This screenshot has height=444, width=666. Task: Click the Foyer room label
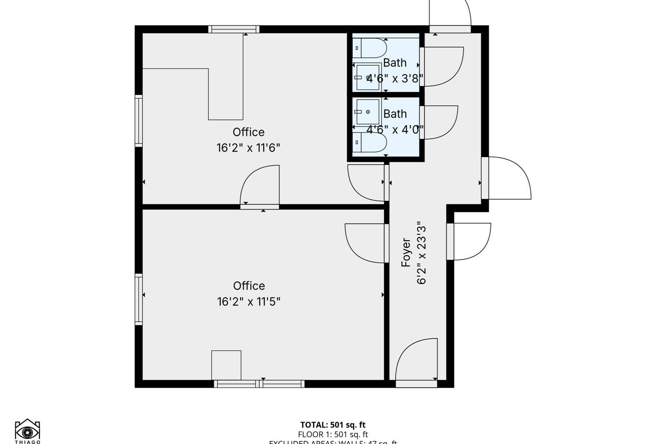coord(406,253)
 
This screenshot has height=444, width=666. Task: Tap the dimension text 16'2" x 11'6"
coord(248,148)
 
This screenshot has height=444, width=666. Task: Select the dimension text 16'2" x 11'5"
coord(249,302)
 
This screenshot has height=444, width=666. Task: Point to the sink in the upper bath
coord(368,77)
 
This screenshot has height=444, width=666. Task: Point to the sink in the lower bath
coord(367,112)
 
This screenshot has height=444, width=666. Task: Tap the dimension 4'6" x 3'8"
coord(395,79)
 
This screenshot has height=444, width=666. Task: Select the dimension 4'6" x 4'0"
coord(395,130)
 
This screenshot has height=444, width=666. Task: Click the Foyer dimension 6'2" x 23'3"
coord(422,253)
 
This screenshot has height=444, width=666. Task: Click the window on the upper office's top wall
coord(233,29)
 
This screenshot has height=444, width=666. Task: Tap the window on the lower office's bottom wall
coord(259,384)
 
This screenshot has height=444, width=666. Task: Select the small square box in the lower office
coord(226,365)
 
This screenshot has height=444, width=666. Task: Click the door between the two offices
coord(260,187)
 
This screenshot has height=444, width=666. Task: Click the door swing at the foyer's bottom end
coord(416,361)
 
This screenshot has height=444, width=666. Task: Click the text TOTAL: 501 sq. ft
coord(333,425)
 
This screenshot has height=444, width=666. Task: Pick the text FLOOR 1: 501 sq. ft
coord(333,434)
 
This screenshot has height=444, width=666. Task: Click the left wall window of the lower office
coord(139,299)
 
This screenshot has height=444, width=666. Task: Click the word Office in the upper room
coord(248,132)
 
